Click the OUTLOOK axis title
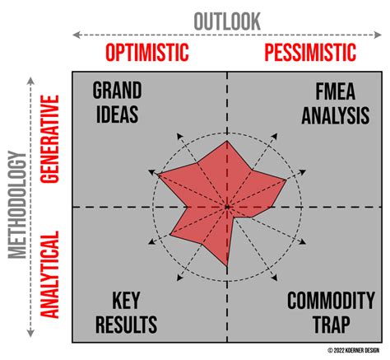coord(227,21)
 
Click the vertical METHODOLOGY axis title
coord(17,205)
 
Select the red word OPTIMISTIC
coord(147,53)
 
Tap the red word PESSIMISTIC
coord(310,53)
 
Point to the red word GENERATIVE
coord(49,139)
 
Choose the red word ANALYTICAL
coord(49,274)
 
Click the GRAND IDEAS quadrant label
coord(117,102)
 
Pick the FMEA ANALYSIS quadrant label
coord(336,104)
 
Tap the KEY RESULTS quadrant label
coord(126,312)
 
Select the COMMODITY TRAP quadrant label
coord(331,312)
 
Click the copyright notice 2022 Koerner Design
coord(353,350)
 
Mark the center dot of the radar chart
coord(227,207)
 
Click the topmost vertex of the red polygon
coord(227,141)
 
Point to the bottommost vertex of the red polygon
coord(227,266)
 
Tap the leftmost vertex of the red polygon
coord(158,174)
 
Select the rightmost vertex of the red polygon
coord(286,180)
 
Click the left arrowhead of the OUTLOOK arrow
coord(76,35)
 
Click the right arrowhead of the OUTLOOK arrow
coord(378,35)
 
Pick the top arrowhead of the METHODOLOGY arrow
coord(30,81)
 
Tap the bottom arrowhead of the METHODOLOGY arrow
coord(30,333)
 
